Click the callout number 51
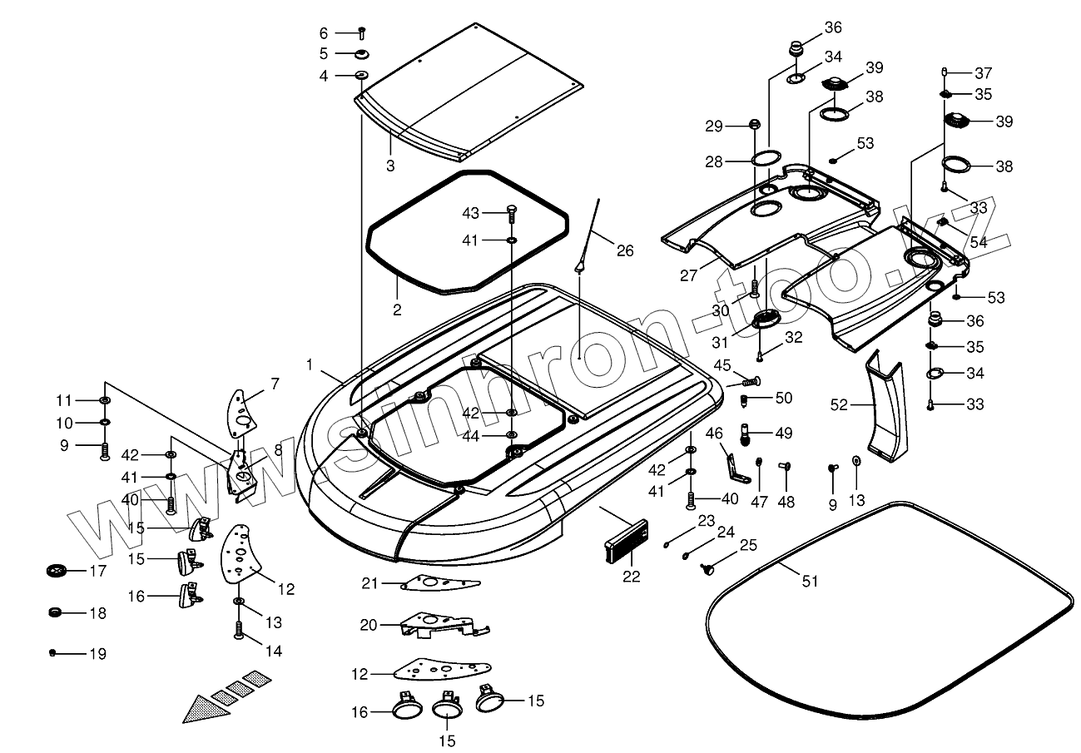(x=810, y=582)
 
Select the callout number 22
(x=632, y=576)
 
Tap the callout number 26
(x=625, y=250)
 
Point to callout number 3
(x=390, y=166)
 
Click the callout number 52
(x=839, y=404)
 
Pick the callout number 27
(x=689, y=275)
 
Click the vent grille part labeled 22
(x=627, y=541)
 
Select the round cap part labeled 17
(x=57, y=571)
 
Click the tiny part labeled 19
(x=52, y=653)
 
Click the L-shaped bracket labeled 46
(x=737, y=469)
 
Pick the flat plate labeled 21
(x=440, y=582)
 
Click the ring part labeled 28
(x=766, y=158)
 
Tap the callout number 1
(x=310, y=364)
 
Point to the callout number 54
(x=979, y=241)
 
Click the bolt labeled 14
(x=238, y=630)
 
